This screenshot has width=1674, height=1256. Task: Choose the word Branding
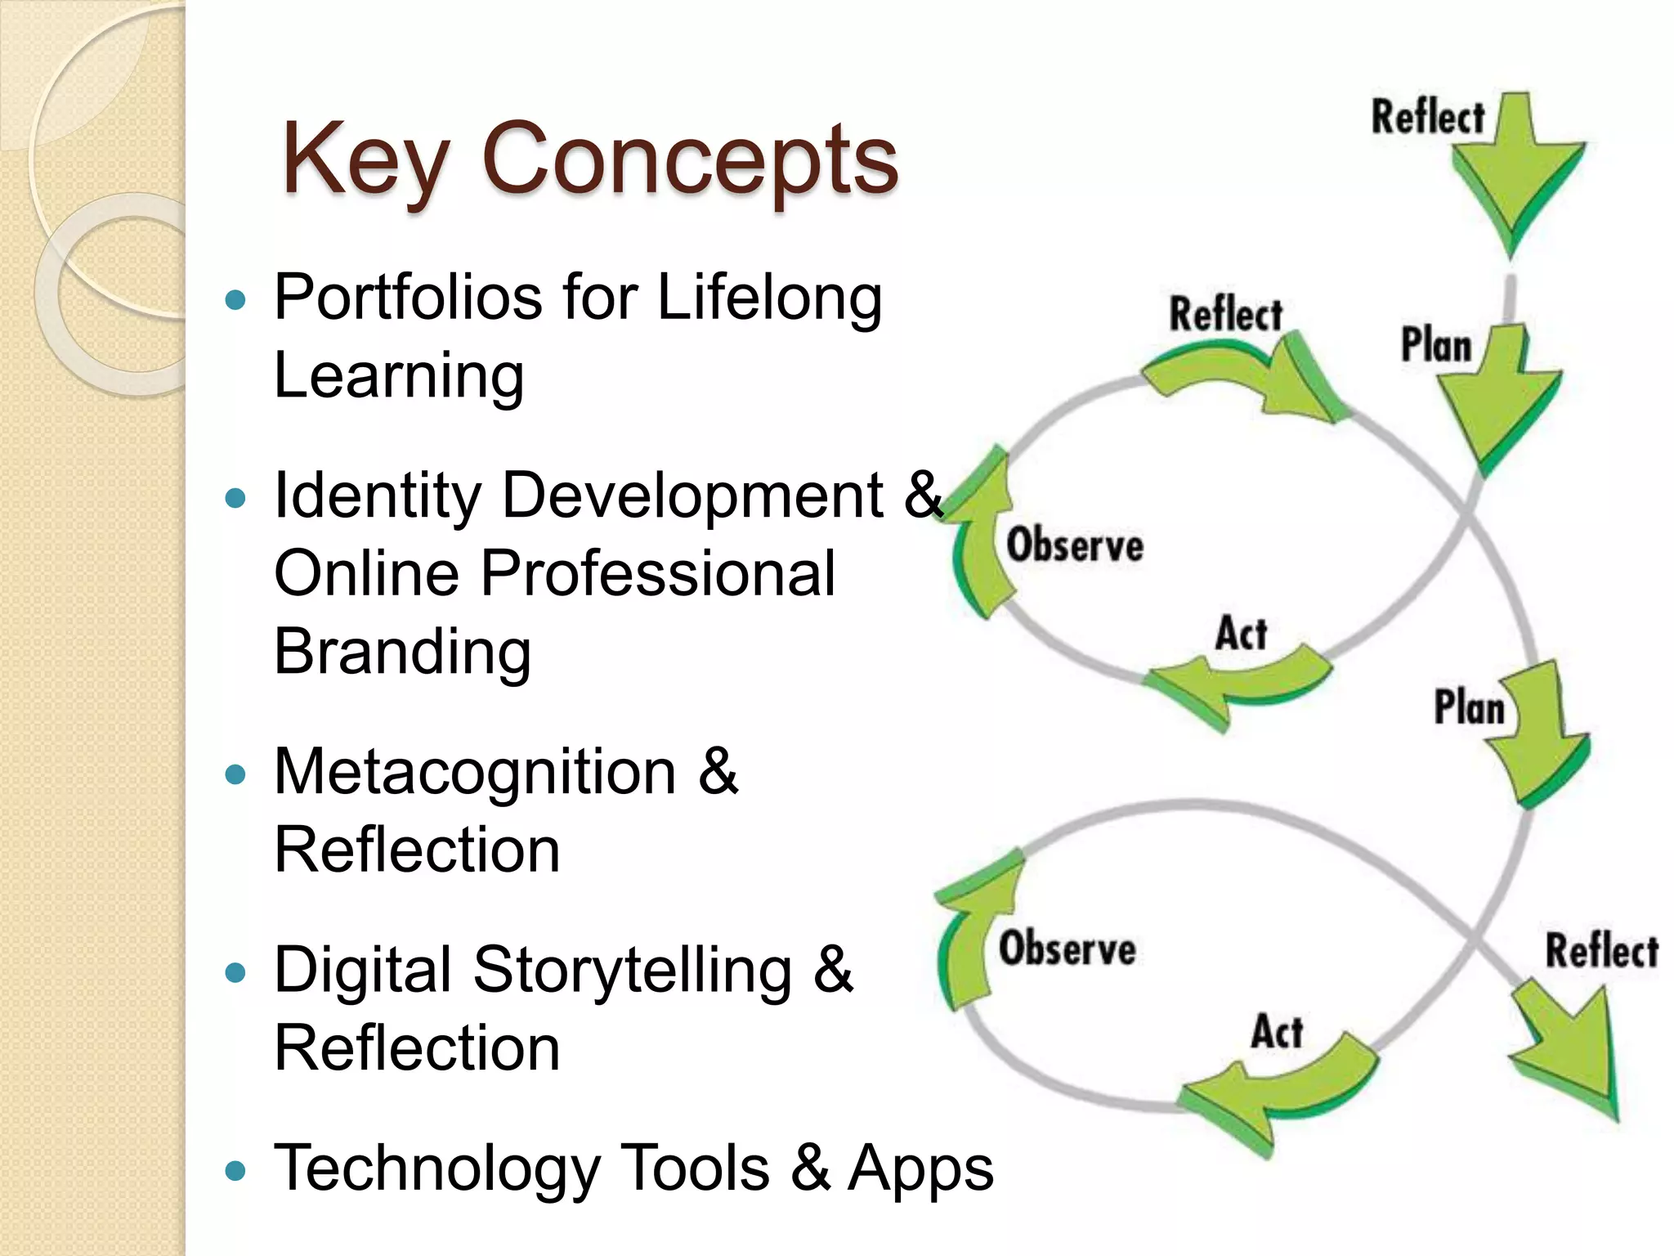point(402,653)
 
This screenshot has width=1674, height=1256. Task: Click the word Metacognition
point(475,772)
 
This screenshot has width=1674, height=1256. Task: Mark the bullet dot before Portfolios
point(235,300)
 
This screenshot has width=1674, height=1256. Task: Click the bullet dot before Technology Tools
point(235,1171)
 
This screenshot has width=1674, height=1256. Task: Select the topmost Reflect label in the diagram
point(1427,117)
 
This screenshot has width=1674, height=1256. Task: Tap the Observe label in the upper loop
point(1074,545)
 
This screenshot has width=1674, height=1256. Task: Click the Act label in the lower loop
point(1277,1031)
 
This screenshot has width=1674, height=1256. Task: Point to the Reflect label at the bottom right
point(1601,951)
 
